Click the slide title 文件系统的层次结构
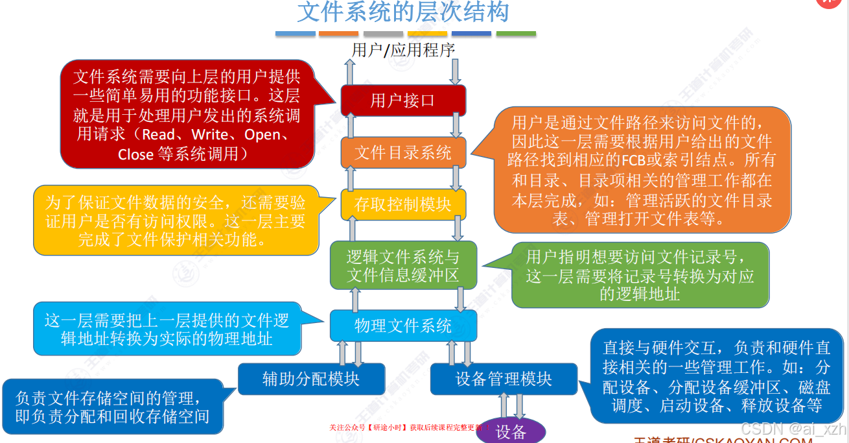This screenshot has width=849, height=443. click(x=403, y=13)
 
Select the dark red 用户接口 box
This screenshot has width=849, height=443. click(x=403, y=101)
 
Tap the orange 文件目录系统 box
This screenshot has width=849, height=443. click(x=403, y=153)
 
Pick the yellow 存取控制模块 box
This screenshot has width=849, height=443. click(x=403, y=205)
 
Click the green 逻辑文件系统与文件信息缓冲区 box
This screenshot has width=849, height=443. click(x=403, y=265)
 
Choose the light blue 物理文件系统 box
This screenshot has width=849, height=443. click(x=403, y=326)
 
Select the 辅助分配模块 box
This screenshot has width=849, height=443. click(x=311, y=379)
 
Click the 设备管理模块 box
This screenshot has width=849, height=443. click(x=504, y=379)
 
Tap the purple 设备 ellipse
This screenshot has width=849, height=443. click(x=511, y=432)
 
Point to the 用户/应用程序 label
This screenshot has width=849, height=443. click(x=403, y=50)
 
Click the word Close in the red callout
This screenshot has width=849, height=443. click(x=135, y=154)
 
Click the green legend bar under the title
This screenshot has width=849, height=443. click(x=516, y=34)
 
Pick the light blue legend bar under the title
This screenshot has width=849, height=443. click(x=296, y=34)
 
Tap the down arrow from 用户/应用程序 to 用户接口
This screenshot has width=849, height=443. click(x=456, y=71)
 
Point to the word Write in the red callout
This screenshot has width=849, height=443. click(x=209, y=135)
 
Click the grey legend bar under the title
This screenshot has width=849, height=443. click(x=384, y=34)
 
